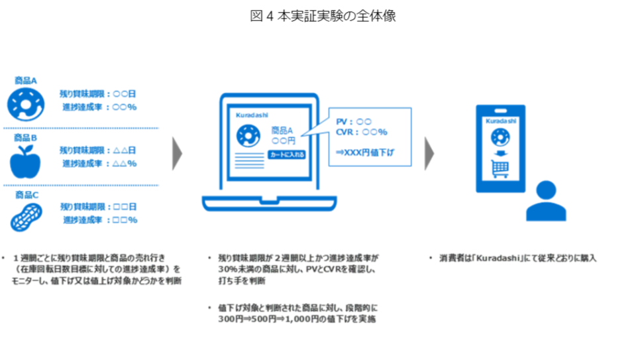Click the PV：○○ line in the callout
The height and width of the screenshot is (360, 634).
[354, 122]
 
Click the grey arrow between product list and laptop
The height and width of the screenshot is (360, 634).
[177, 154]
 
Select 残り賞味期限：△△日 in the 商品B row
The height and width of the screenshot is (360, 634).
[97, 150]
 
